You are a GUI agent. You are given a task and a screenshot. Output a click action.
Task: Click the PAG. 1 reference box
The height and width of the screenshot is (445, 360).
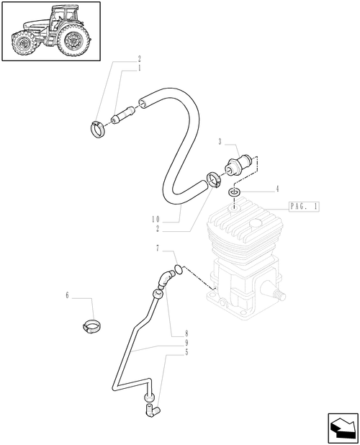(x=304, y=207)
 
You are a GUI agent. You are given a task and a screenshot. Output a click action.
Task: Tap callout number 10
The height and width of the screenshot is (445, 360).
(x=156, y=219)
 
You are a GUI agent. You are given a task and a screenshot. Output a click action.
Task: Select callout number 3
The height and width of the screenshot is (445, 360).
(x=220, y=142)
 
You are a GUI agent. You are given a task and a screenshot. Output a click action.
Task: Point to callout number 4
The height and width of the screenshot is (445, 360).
(x=277, y=189)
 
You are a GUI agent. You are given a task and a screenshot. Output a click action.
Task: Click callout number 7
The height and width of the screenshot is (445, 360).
(x=158, y=248)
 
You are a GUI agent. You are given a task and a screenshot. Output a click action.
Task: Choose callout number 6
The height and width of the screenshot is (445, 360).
(x=67, y=295)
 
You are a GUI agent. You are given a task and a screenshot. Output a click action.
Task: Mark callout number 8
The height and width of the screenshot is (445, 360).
(x=186, y=333)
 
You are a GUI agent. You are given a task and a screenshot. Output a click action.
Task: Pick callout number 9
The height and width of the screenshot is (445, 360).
(x=186, y=343)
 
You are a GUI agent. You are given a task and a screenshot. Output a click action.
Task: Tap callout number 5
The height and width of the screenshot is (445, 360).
(x=186, y=352)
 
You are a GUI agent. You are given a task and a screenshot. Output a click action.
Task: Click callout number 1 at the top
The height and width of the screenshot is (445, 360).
(x=139, y=68)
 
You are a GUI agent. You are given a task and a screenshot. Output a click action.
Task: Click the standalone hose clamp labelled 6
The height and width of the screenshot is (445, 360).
(x=91, y=326)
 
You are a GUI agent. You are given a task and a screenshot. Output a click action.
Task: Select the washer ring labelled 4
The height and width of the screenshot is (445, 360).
(x=234, y=193)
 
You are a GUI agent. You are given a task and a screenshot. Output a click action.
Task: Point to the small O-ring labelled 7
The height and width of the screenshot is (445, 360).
(x=179, y=269)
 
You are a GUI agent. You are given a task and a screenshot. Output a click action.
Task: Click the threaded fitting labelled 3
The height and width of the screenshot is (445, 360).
(x=238, y=165)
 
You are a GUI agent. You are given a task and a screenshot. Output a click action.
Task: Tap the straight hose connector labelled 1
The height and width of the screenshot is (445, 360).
(x=123, y=115)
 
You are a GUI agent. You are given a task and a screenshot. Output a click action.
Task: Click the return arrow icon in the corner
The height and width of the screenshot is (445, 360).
(x=343, y=427)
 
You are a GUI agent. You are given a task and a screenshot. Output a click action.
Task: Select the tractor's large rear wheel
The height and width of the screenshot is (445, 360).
(x=73, y=41)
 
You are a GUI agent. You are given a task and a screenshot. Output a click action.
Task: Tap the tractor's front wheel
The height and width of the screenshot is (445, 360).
(x=23, y=45)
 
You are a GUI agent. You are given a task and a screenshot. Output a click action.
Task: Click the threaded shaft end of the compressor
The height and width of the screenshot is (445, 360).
(x=280, y=295)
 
